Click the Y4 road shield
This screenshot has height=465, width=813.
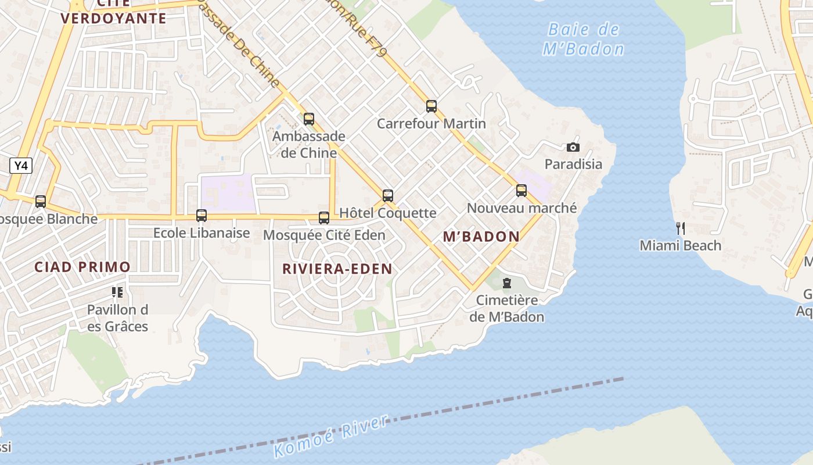[20, 166]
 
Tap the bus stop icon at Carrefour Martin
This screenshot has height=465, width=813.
[431, 106]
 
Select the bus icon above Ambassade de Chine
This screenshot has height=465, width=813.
[309, 119]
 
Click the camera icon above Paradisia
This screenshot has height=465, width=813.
[573, 147]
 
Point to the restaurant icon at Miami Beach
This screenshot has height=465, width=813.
[680, 228]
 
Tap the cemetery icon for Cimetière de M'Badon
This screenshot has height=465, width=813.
[507, 283]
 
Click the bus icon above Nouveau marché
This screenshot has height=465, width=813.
[521, 190]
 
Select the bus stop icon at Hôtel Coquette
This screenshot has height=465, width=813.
[388, 195]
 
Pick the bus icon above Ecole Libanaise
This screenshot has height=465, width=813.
[202, 216]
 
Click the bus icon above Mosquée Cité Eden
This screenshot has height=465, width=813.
[324, 218]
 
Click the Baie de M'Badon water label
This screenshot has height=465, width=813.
[584, 39]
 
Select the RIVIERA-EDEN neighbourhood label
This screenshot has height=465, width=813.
[337, 269]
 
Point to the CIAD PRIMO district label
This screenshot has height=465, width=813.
[82, 267]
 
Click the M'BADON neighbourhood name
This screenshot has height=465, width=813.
[481, 237]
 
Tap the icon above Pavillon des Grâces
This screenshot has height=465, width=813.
[117, 292]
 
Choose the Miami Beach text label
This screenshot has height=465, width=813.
[680, 245]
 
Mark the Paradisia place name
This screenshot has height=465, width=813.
[573, 164]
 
